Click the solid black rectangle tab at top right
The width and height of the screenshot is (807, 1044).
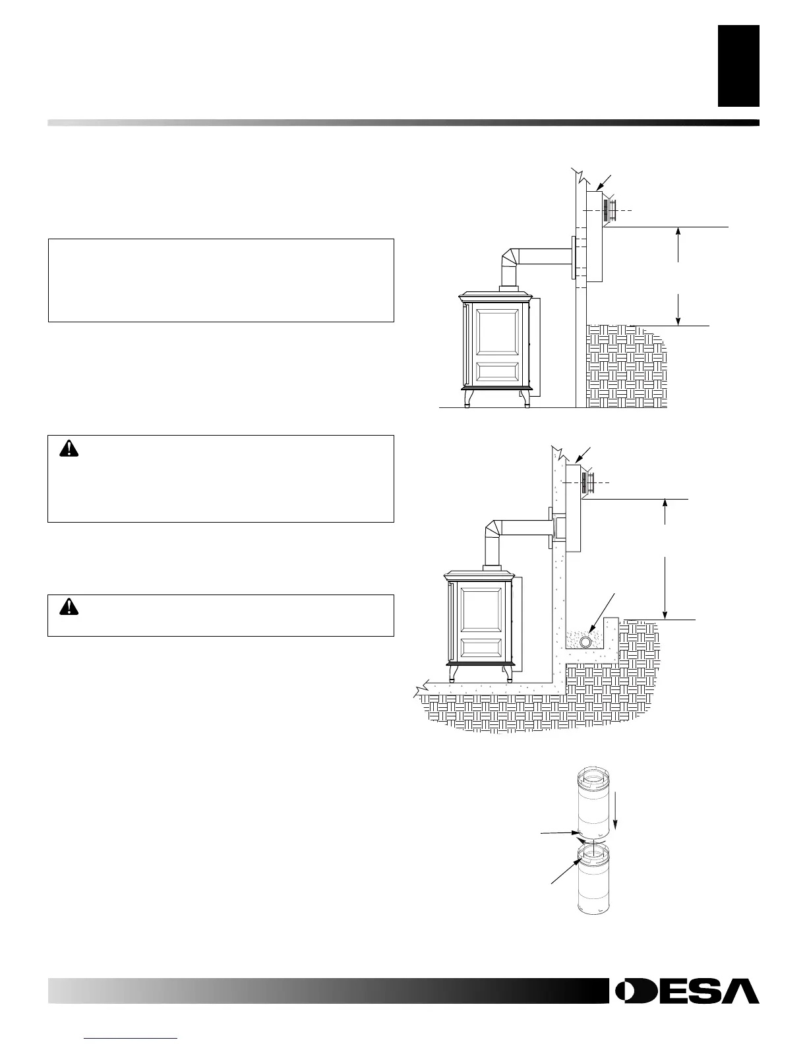click(x=738, y=66)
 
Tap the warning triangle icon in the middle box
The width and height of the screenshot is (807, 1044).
click(x=68, y=448)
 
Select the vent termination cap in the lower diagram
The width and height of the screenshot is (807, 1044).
click(x=589, y=483)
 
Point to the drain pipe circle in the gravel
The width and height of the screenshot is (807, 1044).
click(x=585, y=642)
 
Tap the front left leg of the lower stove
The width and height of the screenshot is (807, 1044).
click(x=454, y=672)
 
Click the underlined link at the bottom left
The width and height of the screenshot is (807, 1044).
click(x=132, y=1038)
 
